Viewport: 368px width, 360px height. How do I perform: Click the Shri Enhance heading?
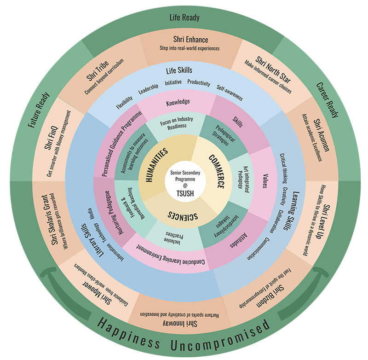pyautogui.click(x=190, y=40)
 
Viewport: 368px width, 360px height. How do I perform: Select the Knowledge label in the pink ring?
pyautogui.click(x=177, y=102)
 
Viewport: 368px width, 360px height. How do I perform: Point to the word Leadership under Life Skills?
pyautogui.click(x=148, y=86)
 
